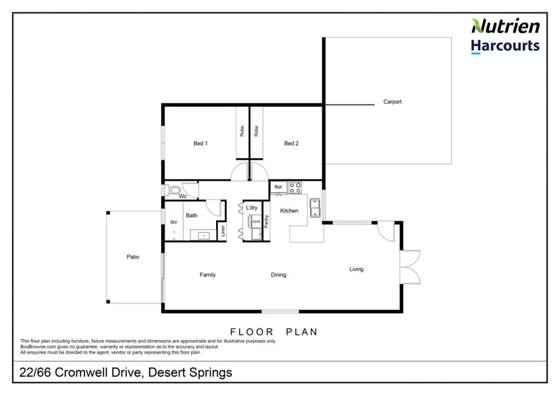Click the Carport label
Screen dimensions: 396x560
point(392,102)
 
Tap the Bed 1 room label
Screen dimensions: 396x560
point(200,144)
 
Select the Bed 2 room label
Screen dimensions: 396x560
point(291,144)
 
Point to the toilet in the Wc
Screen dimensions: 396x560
point(173,190)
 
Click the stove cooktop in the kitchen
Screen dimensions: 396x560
point(296,188)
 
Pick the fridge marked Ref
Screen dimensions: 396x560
point(278,187)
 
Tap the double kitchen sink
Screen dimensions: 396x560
point(315,207)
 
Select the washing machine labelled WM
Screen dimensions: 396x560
point(255,222)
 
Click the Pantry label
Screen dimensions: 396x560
point(266,221)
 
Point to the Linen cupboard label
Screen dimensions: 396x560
point(223,231)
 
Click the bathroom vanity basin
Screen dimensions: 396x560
point(203,236)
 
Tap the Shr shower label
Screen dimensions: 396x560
point(174,222)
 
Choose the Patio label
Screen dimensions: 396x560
point(133,257)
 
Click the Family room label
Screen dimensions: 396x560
point(207,275)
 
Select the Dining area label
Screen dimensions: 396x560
point(278,275)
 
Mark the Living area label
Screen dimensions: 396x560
point(356,269)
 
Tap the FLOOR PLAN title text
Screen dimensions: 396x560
point(274,332)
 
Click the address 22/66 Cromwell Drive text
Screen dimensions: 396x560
point(125,373)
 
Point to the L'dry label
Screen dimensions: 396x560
point(251,208)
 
